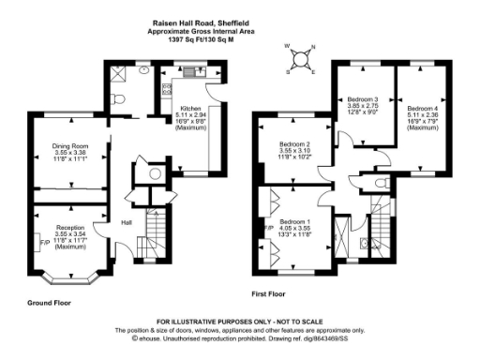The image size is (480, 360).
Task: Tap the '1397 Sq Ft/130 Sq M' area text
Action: click(x=240, y=39)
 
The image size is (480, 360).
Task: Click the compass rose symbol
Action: click(x=300, y=58)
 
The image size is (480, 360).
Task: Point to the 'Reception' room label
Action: click(x=69, y=228)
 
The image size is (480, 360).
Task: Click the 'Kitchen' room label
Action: click(x=191, y=108)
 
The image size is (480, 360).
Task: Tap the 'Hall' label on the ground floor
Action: click(x=125, y=222)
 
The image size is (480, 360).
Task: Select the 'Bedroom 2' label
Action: click(x=295, y=144)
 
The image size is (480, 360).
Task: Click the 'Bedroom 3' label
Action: click(x=363, y=98)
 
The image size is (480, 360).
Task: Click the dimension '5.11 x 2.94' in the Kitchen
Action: click(x=191, y=114)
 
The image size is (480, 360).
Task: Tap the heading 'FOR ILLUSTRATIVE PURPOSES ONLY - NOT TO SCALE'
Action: click(x=240, y=322)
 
